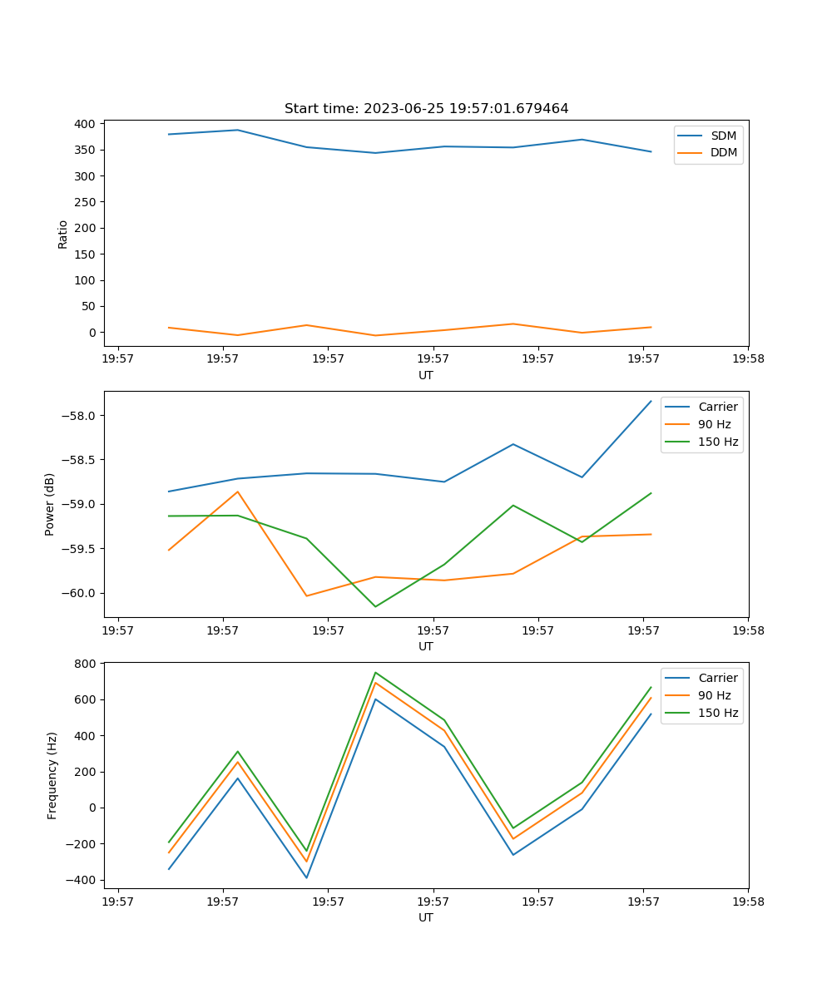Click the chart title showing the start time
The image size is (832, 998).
click(x=426, y=109)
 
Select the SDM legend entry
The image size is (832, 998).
click(x=723, y=136)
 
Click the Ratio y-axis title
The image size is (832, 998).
click(x=63, y=234)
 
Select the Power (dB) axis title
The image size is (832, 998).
click(x=50, y=504)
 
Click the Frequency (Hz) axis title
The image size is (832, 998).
click(x=52, y=775)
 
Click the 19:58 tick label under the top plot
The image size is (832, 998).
click(x=747, y=359)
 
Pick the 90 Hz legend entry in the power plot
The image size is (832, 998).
click(x=714, y=424)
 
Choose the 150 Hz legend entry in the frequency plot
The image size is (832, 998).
click(x=718, y=713)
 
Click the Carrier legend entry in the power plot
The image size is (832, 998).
click(x=717, y=407)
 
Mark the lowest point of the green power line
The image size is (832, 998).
click(x=375, y=606)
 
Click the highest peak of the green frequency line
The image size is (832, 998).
click(x=375, y=672)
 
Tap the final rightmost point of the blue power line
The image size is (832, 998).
click(x=651, y=401)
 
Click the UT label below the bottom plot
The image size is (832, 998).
click(x=426, y=917)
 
